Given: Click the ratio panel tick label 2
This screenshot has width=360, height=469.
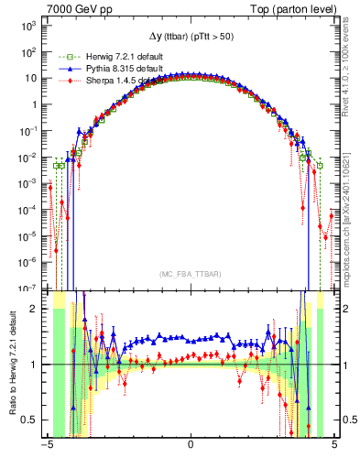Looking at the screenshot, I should (35, 309).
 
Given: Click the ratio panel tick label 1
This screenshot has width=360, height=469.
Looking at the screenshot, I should (35, 365).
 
